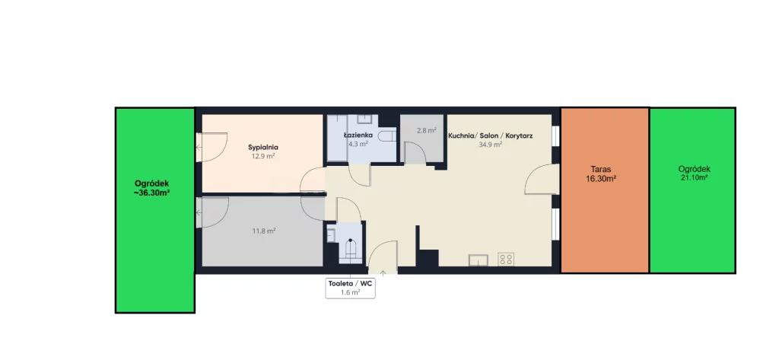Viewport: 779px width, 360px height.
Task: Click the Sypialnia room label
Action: (262, 147)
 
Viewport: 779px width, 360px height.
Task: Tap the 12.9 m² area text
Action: (263, 155)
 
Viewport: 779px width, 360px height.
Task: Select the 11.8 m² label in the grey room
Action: (264, 231)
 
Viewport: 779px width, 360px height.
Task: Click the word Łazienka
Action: (358, 135)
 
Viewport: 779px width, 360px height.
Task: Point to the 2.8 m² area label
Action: (426, 131)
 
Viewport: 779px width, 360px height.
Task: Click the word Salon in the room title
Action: (488, 135)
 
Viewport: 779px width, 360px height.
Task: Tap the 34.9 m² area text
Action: (490, 144)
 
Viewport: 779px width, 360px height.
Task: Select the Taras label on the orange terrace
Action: (601, 169)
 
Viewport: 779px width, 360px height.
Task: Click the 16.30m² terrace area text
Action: (601, 179)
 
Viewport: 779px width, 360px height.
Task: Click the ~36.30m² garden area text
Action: (152, 193)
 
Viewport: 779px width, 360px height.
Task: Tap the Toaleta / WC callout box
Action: (350, 288)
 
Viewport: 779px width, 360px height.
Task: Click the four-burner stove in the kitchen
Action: (506, 259)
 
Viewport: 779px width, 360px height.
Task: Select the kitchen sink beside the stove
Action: (479, 260)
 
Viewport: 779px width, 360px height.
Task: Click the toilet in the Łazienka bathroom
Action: (386, 136)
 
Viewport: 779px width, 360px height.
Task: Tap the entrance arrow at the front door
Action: (383, 272)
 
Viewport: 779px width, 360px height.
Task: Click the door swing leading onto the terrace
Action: (542, 179)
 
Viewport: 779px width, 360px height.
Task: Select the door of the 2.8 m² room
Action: (415, 153)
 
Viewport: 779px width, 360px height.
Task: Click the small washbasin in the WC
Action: (332, 234)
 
